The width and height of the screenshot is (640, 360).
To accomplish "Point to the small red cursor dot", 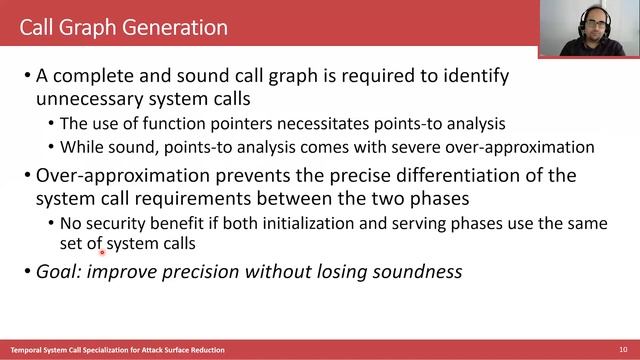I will (102, 252).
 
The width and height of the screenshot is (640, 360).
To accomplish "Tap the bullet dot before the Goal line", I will (25, 270).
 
